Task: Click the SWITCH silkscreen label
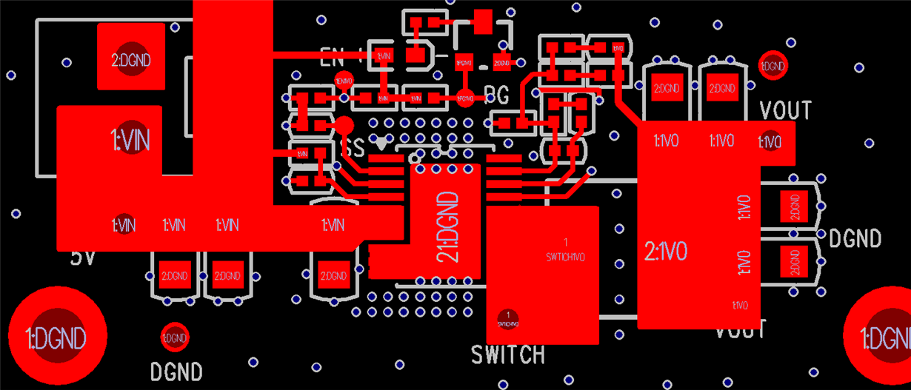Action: tap(508, 355)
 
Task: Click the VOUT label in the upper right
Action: tap(786, 111)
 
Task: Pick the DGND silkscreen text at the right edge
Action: tap(855, 239)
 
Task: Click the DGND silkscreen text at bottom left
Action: tap(176, 371)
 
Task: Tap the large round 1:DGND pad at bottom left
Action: tap(57, 337)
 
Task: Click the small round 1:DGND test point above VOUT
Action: tap(772, 65)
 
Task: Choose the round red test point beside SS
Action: tap(344, 126)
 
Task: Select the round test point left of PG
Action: tap(464, 97)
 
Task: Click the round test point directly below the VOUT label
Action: tap(770, 140)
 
